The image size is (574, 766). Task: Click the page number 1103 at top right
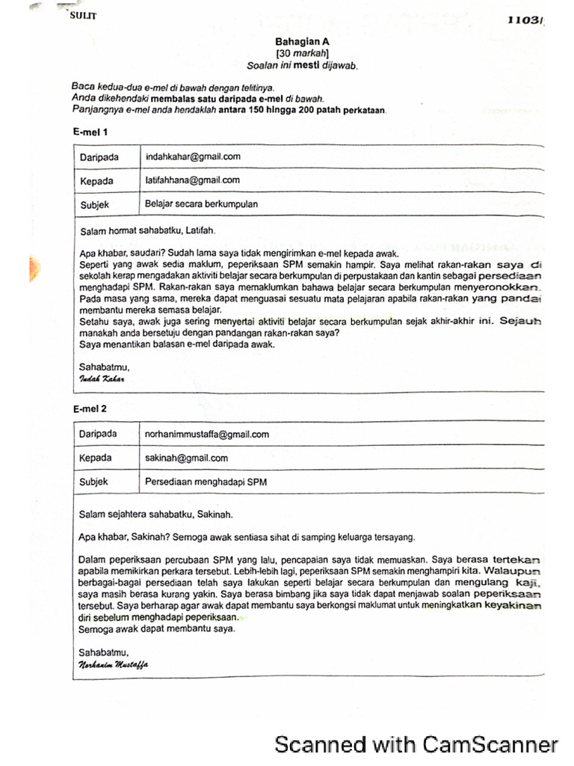[526, 21]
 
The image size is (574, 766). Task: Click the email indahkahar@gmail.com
[193, 156]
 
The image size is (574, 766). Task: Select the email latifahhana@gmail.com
[192, 180]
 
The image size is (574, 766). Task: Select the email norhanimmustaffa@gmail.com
[207, 434]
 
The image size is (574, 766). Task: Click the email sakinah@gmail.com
[186, 458]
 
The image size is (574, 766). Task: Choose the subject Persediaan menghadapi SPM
[206, 482]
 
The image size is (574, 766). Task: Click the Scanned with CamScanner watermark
[416, 744]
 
